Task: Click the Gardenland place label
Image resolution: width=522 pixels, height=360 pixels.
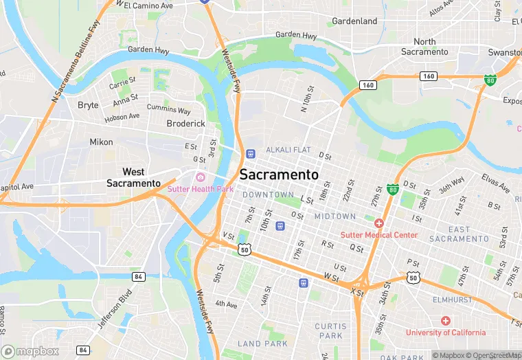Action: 354,21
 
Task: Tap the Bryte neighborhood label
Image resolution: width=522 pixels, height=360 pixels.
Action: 88,105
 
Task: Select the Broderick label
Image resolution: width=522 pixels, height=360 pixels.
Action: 185,124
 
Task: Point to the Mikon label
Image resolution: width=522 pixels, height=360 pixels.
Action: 101,142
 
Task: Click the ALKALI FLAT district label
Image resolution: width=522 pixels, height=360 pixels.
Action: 288,150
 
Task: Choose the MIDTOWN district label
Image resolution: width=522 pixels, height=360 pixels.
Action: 335,216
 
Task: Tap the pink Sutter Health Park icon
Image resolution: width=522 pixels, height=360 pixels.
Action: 201,178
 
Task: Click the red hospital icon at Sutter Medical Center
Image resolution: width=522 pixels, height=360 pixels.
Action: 378,223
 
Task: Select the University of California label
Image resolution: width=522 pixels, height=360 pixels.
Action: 445,333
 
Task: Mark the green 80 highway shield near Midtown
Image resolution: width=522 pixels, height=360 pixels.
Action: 393,188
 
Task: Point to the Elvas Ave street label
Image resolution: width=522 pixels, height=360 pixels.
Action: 495,185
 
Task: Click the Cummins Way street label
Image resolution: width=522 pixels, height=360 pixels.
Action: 169,109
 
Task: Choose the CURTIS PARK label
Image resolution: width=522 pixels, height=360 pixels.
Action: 328,330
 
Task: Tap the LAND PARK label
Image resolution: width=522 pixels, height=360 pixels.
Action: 262,344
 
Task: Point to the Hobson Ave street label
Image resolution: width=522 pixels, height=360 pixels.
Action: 122,118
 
